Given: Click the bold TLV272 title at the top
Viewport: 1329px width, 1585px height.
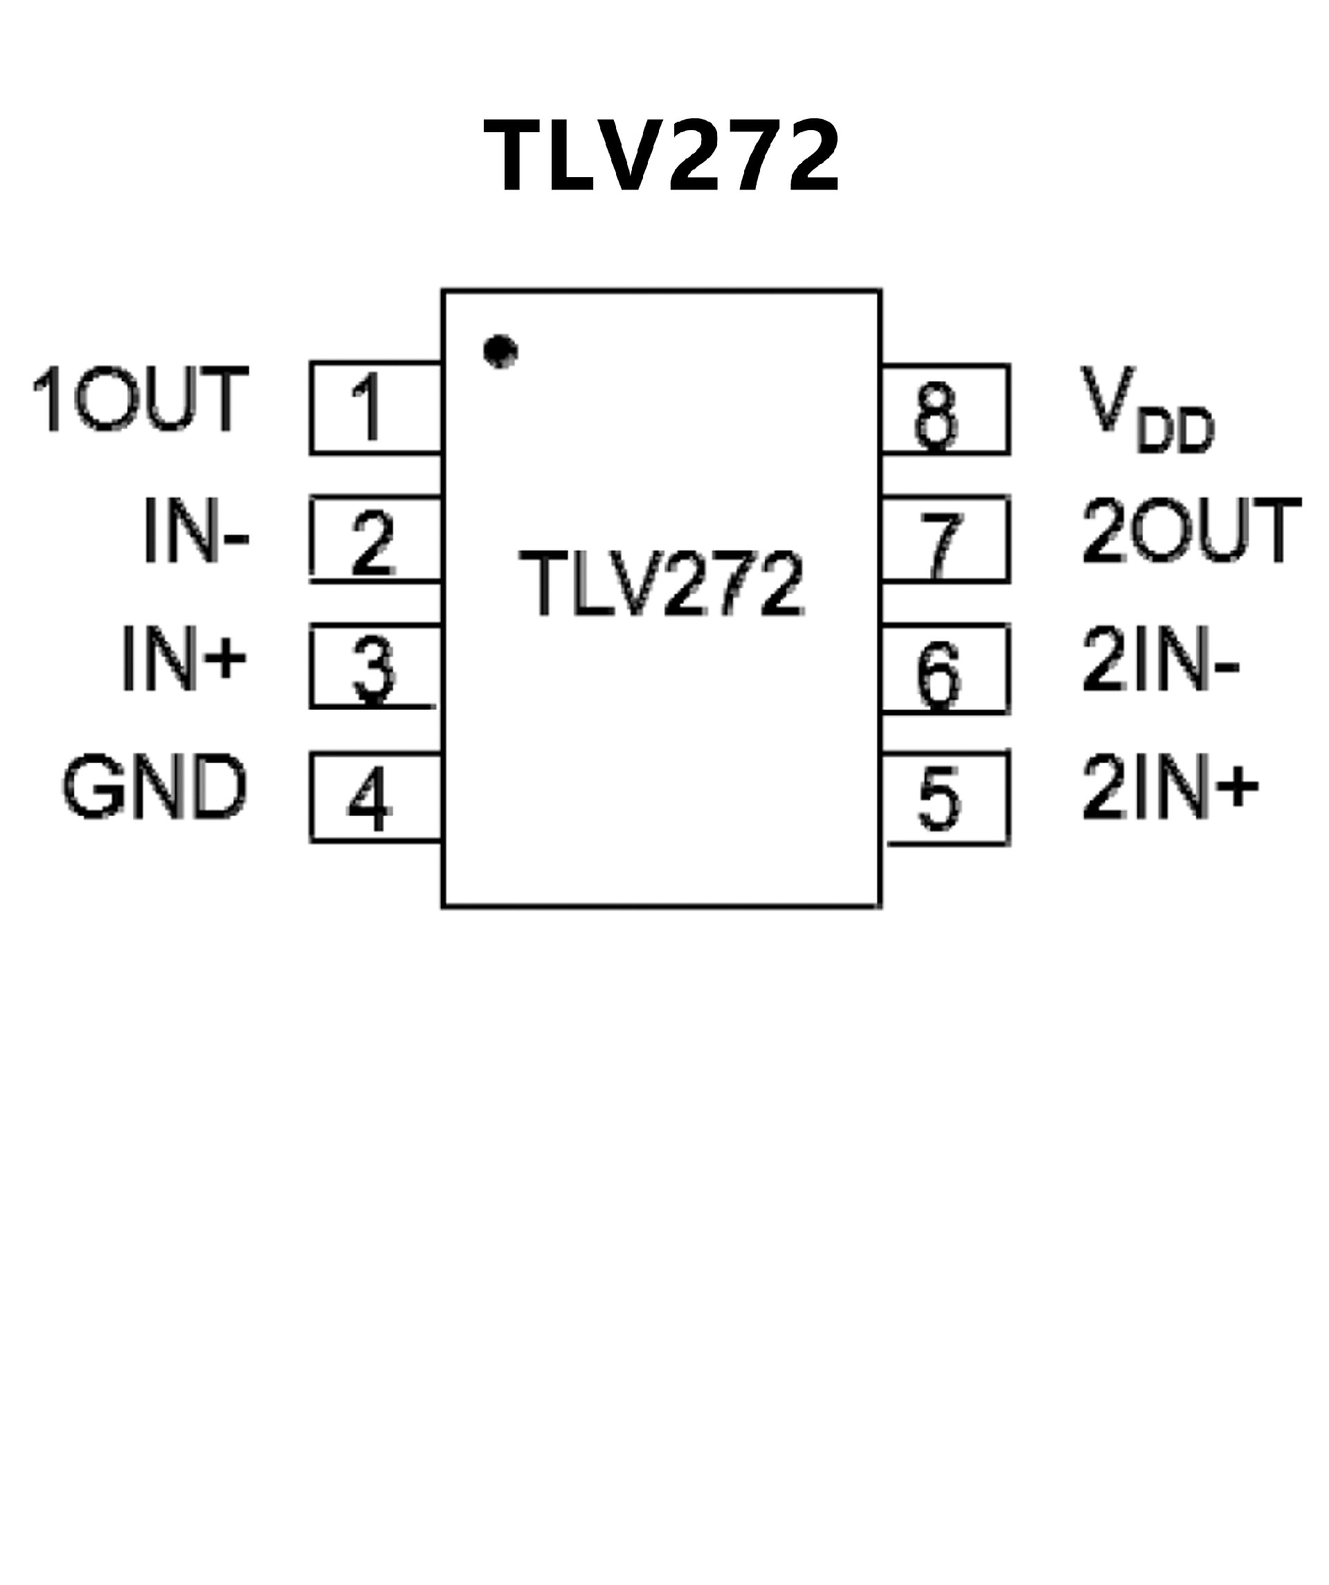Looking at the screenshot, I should coord(661,157).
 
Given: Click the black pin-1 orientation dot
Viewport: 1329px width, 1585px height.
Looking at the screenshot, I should coord(500,351).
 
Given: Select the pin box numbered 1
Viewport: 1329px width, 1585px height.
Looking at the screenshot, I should coord(375,408).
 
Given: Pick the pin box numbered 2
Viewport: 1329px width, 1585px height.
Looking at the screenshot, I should coord(375,540).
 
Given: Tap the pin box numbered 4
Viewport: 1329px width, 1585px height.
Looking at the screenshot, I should coord(375,797).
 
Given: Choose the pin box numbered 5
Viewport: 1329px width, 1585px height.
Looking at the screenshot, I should coord(946,798).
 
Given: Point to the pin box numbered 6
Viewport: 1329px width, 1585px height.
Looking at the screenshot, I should coord(946,668).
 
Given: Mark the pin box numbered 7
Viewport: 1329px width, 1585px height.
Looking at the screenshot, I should coord(946,539).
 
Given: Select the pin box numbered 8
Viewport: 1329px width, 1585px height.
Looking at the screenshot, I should coord(946,409).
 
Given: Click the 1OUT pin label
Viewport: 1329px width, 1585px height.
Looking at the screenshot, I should coord(141,399).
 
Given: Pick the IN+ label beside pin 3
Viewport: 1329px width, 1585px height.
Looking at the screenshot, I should coord(183,658).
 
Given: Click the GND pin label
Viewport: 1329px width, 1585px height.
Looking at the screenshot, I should coord(155,787).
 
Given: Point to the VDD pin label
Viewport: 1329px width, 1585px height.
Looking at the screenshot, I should coord(1146,409).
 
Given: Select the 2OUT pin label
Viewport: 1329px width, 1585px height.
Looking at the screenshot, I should coord(1191,531).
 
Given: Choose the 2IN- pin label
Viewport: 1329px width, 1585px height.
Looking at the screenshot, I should coord(1160,659).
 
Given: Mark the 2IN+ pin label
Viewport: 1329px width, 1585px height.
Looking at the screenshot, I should coord(1170,788).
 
